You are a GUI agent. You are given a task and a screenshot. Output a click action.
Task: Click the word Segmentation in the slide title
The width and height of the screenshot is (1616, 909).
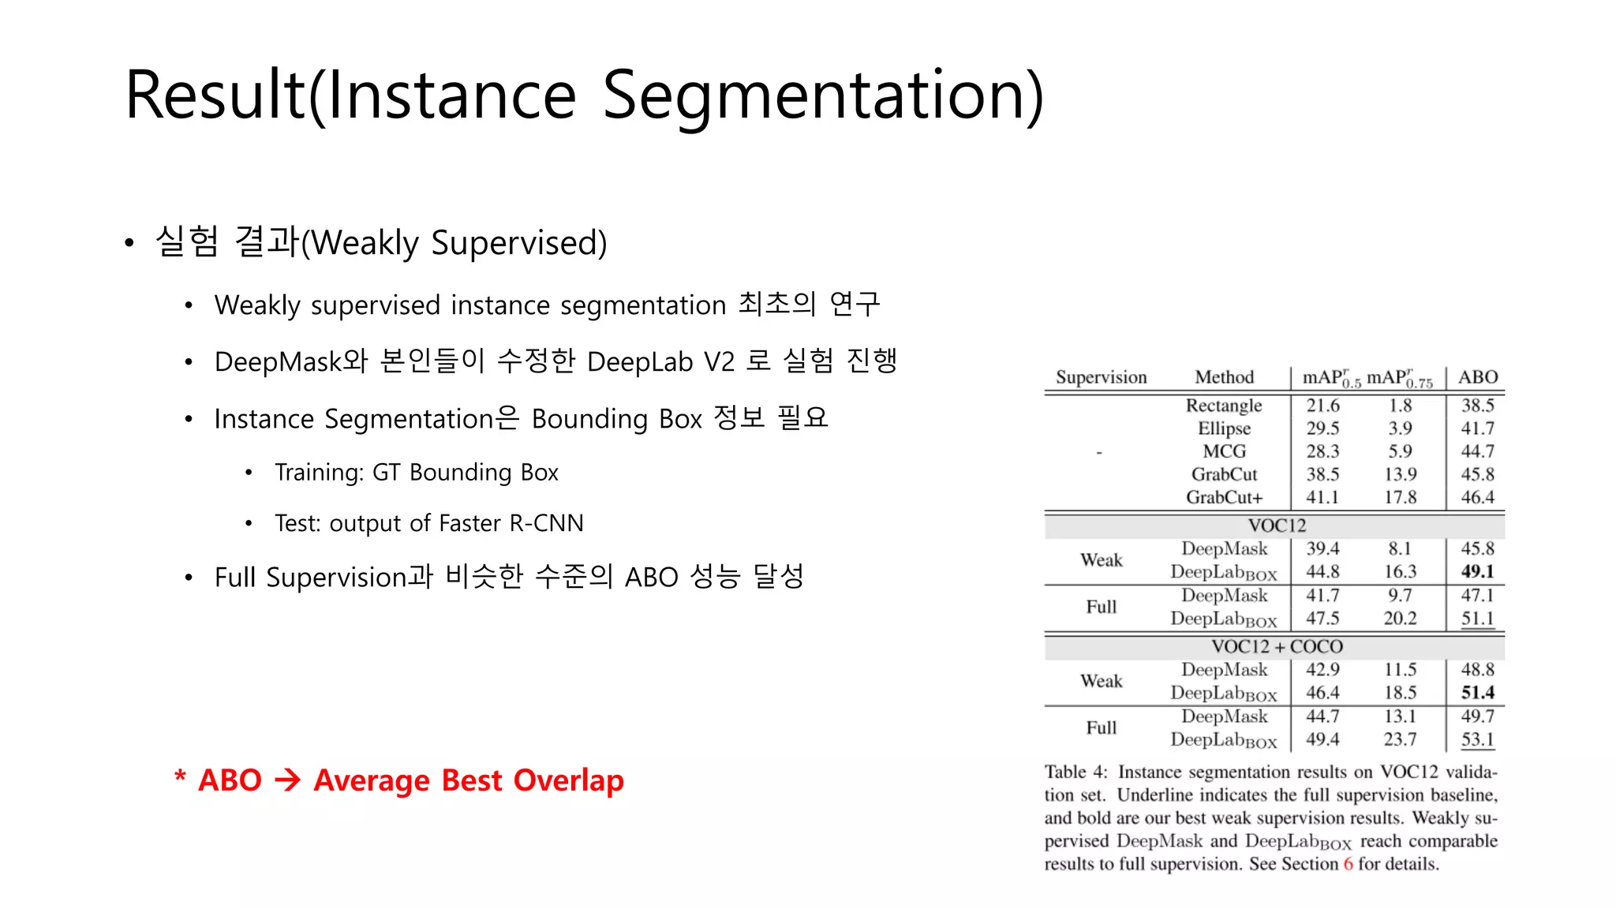coord(823,96)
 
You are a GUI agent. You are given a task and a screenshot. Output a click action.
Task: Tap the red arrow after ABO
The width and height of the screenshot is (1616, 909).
coord(288,780)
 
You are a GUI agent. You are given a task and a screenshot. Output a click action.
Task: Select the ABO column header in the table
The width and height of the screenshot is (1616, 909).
coord(1477,377)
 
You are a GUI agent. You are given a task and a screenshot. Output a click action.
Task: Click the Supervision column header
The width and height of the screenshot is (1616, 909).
coord(1101,377)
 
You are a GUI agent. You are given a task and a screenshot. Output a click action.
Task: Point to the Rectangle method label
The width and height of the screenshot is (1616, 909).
coord(1224,406)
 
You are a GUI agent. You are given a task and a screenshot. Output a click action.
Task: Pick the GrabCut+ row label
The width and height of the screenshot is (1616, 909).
coord(1224,497)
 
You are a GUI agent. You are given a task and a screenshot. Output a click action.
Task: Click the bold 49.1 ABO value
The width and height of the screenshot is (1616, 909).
coord(1477,571)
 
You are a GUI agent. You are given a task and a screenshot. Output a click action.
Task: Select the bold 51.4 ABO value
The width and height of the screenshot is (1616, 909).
coord(1477,693)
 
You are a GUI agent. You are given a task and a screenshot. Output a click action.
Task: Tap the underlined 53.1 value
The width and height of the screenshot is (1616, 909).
coord(1477,739)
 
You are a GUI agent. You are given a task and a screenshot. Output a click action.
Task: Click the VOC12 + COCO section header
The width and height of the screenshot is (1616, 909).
coord(1277,647)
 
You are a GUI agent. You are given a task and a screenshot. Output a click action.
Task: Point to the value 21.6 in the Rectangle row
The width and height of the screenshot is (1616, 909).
coord(1322,406)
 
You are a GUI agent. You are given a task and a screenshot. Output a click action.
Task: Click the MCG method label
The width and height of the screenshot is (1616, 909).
coord(1224,451)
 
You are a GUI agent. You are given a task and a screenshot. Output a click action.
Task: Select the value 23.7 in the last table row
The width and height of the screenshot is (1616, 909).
coord(1400,739)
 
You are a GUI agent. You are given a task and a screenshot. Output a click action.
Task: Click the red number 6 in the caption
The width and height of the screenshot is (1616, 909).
coord(1348,864)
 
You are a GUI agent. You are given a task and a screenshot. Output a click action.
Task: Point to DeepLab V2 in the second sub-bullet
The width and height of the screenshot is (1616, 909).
coord(660,362)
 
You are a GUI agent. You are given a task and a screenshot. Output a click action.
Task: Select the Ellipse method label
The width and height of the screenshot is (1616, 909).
coord(1224,428)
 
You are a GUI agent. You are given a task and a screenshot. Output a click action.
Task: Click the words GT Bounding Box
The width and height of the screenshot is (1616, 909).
coord(465,473)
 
